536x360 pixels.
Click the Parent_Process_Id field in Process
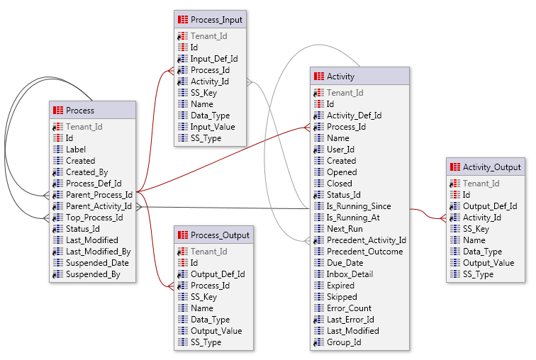click(99, 195)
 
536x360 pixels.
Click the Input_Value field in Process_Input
click(212, 127)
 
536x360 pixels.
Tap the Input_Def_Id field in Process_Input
click(213, 59)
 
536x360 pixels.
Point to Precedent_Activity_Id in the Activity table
click(366, 240)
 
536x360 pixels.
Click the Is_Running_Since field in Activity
click(358, 206)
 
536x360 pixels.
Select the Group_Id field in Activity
click(344, 342)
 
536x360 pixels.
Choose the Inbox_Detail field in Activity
click(350, 274)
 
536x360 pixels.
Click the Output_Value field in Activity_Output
click(488, 263)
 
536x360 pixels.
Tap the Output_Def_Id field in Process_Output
click(217, 274)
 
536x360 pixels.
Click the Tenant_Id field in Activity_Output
click(481, 184)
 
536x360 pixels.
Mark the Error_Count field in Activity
click(349, 308)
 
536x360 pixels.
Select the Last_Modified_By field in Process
click(98, 252)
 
